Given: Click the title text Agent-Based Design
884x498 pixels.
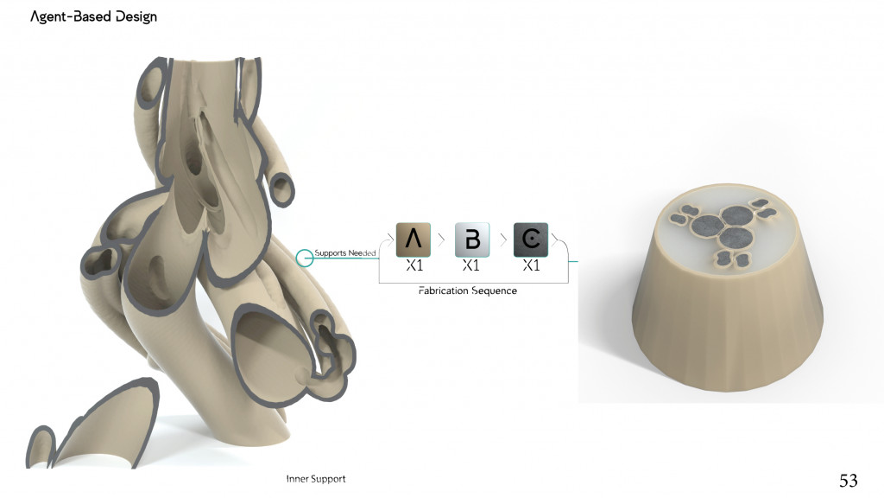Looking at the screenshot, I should pyautogui.click(x=93, y=16).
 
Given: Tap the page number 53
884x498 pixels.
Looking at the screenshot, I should pyautogui.click(x=848, y=480).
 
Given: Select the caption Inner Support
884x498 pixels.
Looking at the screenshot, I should pyautogui.click(x=316, y=479).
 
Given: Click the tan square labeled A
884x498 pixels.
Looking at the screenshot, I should pyautogui.click(x=413, y=239).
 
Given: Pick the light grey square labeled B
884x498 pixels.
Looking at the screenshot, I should pyautogui.click(x=472, y=239).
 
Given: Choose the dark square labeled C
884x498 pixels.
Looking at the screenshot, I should pyautogui.click(x=531, y=239).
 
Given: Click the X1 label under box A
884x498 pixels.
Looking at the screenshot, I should pyautogui.click(x=414, y=266).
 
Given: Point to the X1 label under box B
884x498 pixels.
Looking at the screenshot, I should pyautogui.click(x=471, y=266).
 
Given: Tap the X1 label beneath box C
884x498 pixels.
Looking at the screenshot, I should pyautogui.click(x=531, y=266).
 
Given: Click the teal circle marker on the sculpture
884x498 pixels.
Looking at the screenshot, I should pyautogui.click(x=304, y=258).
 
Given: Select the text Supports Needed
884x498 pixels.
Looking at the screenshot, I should pyautogui.click(x=345, y=252).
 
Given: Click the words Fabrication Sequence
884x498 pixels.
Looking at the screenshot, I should pyautogui.click(x=468, y=291).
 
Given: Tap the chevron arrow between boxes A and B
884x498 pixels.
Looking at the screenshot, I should pyautogui.click(x=442, y=238).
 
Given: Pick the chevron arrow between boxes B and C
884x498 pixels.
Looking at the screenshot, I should pyautogui.click(x=501, y=238).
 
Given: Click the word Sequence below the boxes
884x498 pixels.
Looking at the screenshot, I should pyautogui.click(x=494, y=291).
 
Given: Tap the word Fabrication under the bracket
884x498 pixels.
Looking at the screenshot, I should pyautogui.click(x=443, y=291).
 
